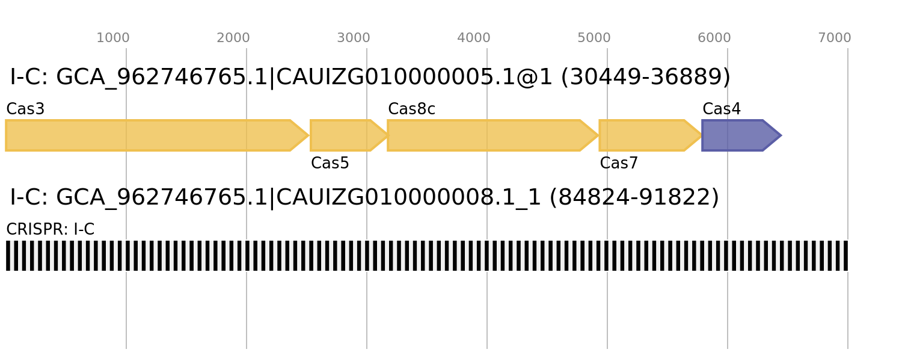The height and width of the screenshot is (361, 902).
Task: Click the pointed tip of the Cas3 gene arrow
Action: pyautogui.click(x=309, y=135)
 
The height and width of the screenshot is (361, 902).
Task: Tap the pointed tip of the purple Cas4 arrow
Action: pyautogui.click(x=781, y=135)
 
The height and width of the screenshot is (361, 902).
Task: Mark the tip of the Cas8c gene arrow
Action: pyautogui.click(x=599, y=135)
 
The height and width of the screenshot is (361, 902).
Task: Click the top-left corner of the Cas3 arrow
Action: pyautogui.click(x=5, y=120)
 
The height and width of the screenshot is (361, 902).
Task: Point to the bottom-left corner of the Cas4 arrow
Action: pyautogui.click(x=702, y=150)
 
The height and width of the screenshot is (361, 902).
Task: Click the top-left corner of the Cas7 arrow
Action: pyautogui.click(x=599, y=120)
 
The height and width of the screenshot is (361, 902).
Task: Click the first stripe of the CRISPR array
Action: pyautogui.click(x=8, y=256)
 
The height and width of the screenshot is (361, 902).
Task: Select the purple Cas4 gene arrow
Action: pyautogui.click(x=741, y=135)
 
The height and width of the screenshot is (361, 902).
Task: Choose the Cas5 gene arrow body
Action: pyautogui.click(x=349, y=135)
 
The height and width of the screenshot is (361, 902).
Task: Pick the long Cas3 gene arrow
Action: pyautogui.click(x=157, y=135)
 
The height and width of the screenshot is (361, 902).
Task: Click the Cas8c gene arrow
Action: pyautogui.click(x=493, y=135)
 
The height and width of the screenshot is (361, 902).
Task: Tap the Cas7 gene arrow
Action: pyautogui.click(x=651, y=135)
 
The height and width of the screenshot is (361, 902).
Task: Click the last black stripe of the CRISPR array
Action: pyautogui.click(x=845, y=256)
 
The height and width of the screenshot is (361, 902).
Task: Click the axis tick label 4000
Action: pyautogui.click(x=474, y=38)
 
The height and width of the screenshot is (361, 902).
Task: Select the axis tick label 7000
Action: pyautogui.click(x=835, y=38)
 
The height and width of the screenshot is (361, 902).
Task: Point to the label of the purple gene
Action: pyautogui.click(x=722, y=109)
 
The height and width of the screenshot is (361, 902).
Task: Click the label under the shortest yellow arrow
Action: pyautogui.click(x=330, y=163)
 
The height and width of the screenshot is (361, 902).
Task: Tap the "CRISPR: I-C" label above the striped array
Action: pyautogui.click(x=51, y=229)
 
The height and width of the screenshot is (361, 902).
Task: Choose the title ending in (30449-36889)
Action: pyautogui.click(x=370, y=77)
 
